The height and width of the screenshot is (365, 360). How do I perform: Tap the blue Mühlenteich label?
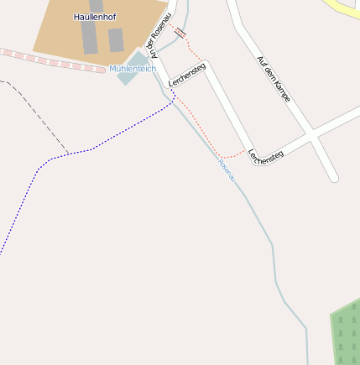tap(133, 69)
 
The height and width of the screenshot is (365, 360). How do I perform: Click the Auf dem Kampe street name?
tap(274, 79)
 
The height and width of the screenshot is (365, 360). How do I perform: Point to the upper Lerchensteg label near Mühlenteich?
tap(186, 75)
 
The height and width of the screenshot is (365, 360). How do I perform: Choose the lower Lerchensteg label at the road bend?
tap(266, 156)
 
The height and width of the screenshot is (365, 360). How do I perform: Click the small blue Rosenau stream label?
tap(227, 169)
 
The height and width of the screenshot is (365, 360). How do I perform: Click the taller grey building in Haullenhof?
tap(90, 37)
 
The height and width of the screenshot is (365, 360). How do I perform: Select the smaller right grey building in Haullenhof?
tap(116, 39)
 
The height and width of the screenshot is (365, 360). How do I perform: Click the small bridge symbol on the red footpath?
tap(180, 34)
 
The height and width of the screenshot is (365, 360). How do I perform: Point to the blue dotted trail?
tap(50, 159)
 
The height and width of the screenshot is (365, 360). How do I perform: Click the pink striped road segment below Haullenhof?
tap(50, 59)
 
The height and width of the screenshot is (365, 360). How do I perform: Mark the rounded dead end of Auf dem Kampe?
tap(333, 177)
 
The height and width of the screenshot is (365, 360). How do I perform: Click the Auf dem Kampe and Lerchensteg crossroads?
tap(311, 133)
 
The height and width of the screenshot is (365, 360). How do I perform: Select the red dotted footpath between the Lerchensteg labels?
tap(201, 126)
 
